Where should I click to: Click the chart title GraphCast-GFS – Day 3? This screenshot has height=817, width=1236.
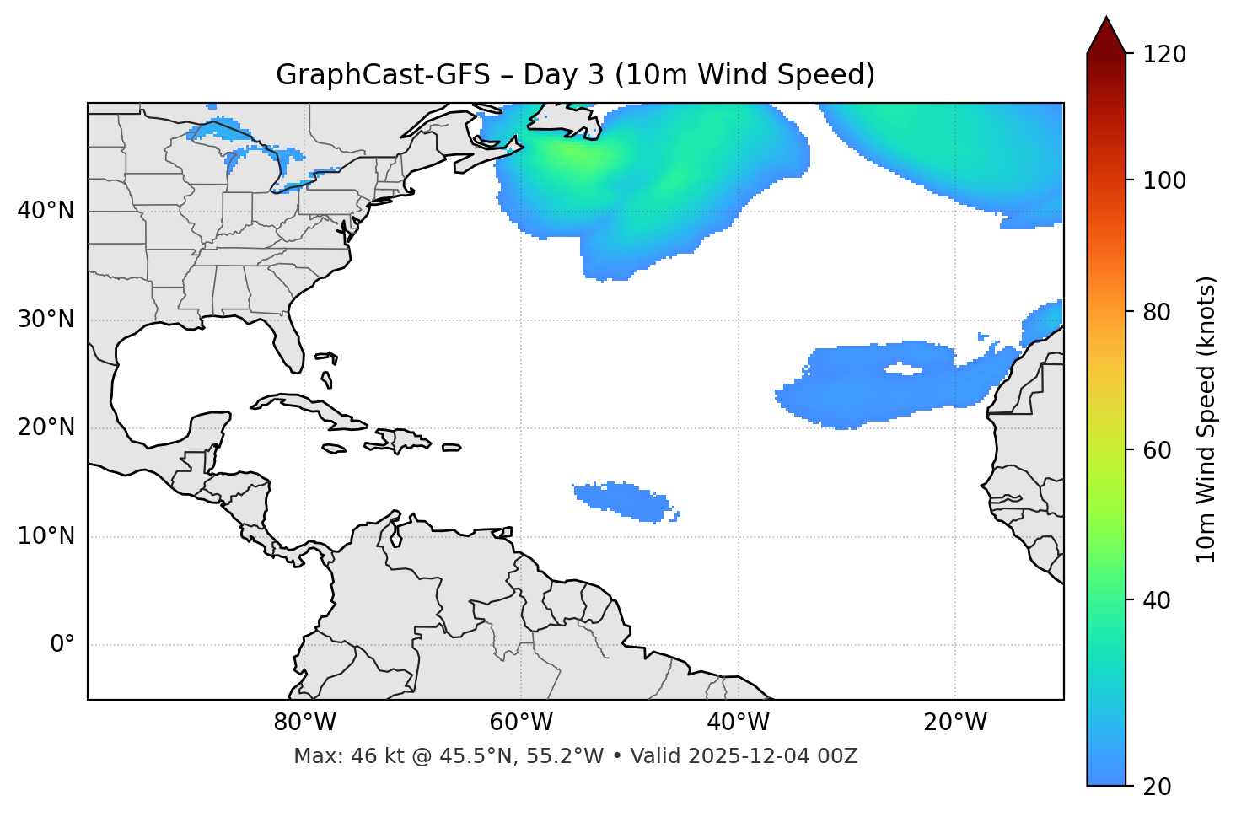[575, 75]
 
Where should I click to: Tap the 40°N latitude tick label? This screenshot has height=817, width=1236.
[46, 211]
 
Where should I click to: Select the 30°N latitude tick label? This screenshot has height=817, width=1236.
[46, 320]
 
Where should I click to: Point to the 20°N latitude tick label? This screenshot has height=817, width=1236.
[46, 427]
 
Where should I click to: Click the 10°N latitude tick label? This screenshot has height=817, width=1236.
[46, 536]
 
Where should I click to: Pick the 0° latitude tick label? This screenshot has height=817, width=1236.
[62, 645]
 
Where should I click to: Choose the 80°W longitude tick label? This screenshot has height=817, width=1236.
[304, 723]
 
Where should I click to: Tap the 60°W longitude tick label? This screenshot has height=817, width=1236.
[521, 723]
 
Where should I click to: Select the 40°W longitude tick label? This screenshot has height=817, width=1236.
[739, 723]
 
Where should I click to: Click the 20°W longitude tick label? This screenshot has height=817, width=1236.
[955, 723]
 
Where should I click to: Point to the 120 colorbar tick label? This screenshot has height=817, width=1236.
[1164, 55]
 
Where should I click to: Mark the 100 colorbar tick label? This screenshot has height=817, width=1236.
[1164, 180]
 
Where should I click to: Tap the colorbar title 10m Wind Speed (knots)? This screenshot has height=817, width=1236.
[1206, 419]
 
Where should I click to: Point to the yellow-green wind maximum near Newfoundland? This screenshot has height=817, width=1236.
[573, 153]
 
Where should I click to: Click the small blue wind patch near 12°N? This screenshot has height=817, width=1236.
[624, 501]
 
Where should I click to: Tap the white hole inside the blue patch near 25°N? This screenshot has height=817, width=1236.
[902, 369]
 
